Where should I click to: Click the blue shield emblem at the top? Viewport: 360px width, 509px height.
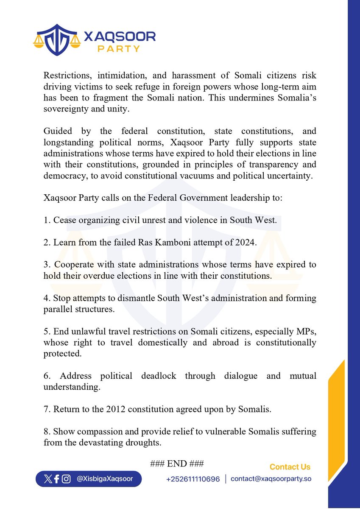click(x=57, y=40)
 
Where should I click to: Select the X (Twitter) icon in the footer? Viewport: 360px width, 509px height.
click(x=47, y=479)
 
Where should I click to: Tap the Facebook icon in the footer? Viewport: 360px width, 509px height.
click(x=56, y=479)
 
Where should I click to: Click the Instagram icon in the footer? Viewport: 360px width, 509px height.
click(x=66, y=479)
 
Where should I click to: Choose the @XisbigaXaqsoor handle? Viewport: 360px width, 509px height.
click(x=105, y=479)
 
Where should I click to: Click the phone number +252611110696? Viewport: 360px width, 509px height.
click(x=193, y=479)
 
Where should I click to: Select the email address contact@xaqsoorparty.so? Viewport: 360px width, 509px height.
click(x=271, y=479)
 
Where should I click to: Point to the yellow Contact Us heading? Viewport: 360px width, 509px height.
click(x=290, y=467)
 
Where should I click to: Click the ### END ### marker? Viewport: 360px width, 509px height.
click(x=177, y=463)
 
